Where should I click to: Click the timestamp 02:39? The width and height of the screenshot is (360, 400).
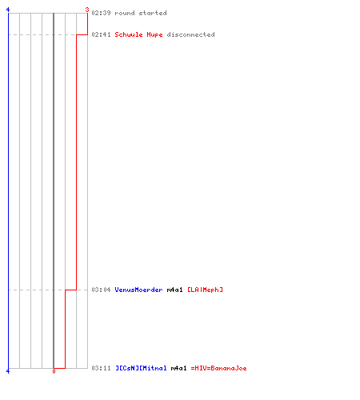101,13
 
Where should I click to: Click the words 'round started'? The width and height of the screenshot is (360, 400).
141,13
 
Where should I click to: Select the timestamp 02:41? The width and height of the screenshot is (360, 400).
101,34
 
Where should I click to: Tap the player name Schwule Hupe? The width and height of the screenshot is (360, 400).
138,34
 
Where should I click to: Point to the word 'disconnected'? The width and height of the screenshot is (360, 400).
190,34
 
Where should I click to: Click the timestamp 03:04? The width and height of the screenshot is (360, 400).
101,290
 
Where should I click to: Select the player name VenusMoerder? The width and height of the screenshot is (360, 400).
138,290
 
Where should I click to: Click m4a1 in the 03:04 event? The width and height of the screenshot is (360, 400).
175,290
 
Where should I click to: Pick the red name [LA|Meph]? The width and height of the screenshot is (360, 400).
205,290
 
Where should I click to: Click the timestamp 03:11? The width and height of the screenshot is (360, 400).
101,368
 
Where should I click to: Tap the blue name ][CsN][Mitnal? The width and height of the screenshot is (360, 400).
141,368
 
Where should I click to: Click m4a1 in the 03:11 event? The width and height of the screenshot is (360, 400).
178,368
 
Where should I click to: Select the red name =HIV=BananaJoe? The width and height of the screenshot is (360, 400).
219,368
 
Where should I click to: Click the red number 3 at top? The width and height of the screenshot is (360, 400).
87,10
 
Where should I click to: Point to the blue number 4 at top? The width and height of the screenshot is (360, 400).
8,10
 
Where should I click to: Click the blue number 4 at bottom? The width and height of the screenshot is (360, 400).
8,371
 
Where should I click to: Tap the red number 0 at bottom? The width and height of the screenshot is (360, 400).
54,371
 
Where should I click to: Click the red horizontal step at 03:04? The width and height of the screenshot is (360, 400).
70,290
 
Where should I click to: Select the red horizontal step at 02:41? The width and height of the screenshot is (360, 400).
82,34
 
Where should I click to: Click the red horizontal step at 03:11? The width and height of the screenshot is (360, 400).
59,368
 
